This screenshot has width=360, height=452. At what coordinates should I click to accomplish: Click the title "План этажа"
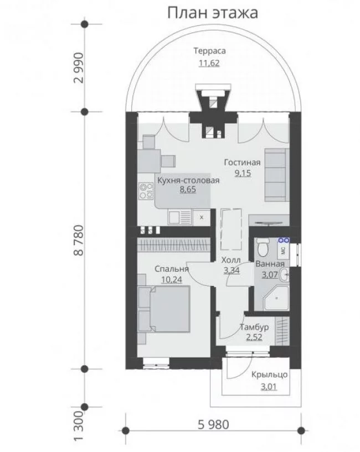pyautogui.click(x=213, y=13)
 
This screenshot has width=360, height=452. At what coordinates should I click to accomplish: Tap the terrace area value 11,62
pyautogui.click(x=209, y=63)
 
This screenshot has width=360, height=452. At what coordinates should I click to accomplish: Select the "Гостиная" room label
pyautogui.click(x=242, y=163)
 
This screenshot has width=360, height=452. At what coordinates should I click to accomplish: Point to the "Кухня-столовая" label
pyautogui.click(x=188, y=180)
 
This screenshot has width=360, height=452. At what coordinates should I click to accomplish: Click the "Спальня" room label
pyautogui.click(x=172, y=269)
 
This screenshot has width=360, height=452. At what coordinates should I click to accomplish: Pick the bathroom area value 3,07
pyautogui.click(x=270, y=275)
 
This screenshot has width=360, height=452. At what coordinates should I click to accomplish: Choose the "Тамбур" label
pyautogui.click(x=254, y=327)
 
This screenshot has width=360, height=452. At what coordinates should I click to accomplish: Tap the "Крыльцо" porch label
pyautogui.click(x=269, y=375)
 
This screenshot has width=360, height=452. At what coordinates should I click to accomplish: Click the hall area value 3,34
pyautogui.click(x=232, y=271)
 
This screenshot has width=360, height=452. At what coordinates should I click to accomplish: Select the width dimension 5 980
pyautogui.click(x=214, y=424)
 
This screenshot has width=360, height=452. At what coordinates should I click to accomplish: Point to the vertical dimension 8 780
pyautogui.click(x=79, y=240)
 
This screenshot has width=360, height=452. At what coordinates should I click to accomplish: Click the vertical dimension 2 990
pyautogui.click(x=79, y=67)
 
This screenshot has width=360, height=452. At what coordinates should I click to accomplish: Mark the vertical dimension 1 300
pyautogui.click(x=79, y=429)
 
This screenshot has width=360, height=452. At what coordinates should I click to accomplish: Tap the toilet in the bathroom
pyautogui.click(x=263, y=247)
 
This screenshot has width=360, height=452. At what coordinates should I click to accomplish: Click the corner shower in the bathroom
pyautogui.click(x=276, y=298)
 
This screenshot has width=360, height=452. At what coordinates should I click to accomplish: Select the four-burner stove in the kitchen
pyautogui.click(x=146, y=191)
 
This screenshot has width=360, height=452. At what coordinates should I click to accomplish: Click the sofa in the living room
pyautogui.click(x=277, y=175)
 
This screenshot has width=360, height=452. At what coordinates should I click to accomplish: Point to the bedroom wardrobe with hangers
pyautogui.click(x=173, y=245)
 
